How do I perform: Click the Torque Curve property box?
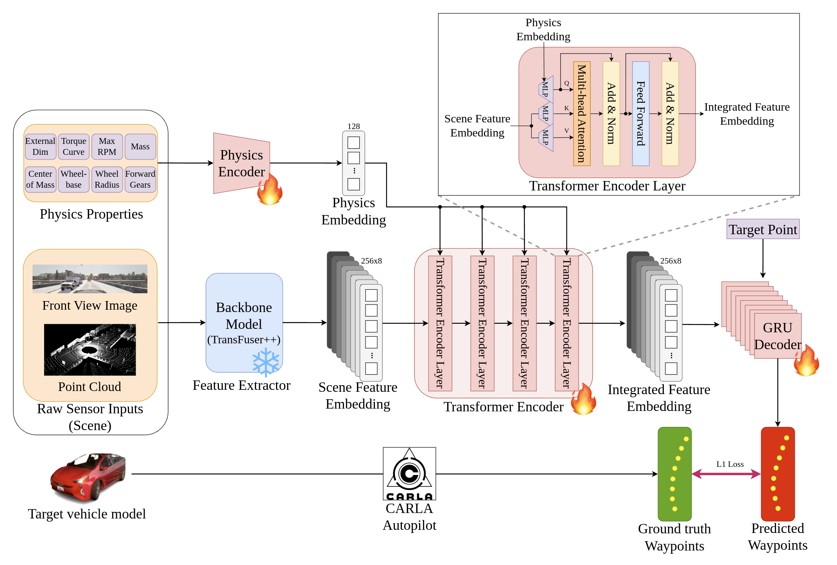tap(73, 147)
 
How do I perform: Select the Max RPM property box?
tap(107, 147)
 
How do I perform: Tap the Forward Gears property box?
tap(140, 179)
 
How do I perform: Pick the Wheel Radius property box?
tap(107, 179)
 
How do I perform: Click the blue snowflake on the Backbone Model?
tap(266, 362)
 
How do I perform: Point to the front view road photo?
tap(90, 279)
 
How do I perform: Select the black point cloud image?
tap(90, 350)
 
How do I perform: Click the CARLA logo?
tap(409, 474)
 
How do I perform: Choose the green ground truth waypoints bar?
tap(674, 474)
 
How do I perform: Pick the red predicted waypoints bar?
tap(778, 474)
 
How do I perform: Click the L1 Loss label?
tap(730, 464)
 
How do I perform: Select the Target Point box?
tap(763, 230)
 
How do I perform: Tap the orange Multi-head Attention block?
tap(582, 113)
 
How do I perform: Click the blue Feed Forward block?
tap(641, 113)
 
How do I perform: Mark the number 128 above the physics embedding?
tap(353, 126)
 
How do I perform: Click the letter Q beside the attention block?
tap(566, 83)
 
